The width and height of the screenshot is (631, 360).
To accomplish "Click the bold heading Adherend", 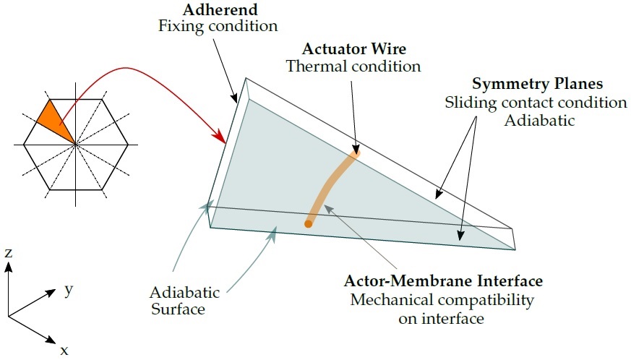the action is (x=220, y=9).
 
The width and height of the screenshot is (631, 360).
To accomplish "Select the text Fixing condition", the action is (x=218, y=26).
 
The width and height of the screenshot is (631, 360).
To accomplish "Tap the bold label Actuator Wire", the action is (x=353, y=48).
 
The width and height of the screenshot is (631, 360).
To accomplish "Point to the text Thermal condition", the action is (x=353, y=66).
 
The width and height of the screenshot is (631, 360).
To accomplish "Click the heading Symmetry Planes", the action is (x=537, y=84).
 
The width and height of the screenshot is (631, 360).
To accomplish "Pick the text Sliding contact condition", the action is (x=536, y=102).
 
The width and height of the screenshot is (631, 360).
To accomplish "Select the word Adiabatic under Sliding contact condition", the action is (x=539, y=121).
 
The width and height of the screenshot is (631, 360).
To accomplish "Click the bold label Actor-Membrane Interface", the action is (x=443, y=280).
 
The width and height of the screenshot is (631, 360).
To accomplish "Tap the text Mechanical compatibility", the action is (x=442, y=300).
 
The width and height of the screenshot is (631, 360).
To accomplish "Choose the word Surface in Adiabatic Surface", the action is (x=179, y=309).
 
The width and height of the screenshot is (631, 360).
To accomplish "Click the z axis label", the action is (x=9, y=253).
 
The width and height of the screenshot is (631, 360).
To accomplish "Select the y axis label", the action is (x=69, y=289).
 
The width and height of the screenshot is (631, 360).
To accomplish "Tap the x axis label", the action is (x=64, y=351).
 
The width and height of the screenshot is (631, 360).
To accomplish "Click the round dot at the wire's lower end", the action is (x=308, y=224).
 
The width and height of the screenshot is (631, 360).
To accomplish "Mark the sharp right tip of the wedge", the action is (x=515, y=249).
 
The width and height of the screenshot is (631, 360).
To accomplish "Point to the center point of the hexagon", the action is (x=76, y=144).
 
